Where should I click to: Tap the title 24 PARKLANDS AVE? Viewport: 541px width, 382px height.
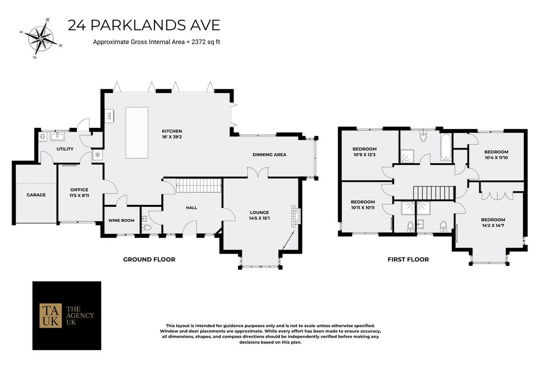pyautogui.click(x=144, y=25)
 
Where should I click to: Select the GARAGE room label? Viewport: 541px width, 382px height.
pyautogui.click(x=36, y=195)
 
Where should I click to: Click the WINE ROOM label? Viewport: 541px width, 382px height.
pyautogui.click(x=121, y=220)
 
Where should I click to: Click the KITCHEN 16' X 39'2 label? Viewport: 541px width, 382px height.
pyautogui.click(x=173, y=134)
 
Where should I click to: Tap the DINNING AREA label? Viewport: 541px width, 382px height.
pyautogui.click(x=269, y=155)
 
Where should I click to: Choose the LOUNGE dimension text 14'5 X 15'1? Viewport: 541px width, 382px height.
pyautogui.click(x=260, y=218)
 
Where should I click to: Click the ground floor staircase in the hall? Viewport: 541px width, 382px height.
pyautogui.click(x=198, y=185)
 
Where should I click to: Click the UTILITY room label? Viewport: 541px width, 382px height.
pyautogui.click(x=65, y=149)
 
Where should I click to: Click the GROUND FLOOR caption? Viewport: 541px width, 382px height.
pyautogui.click(x=149, y=259)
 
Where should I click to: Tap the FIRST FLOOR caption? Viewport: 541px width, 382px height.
pyautogui.click(x=408, y=259)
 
